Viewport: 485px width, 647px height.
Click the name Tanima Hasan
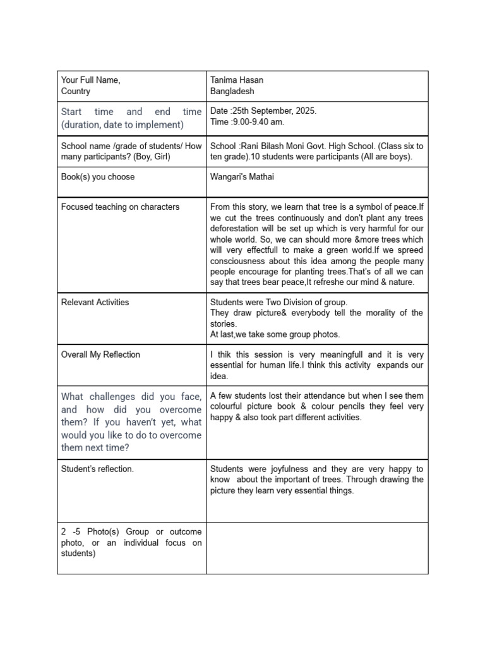(x=237, y=80)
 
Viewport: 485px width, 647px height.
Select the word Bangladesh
(x=232, y=92)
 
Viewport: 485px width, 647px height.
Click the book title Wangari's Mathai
(x=242, y=177)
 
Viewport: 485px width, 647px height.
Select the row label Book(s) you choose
(x=98, y=177)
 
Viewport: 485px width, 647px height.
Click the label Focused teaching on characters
(x=120, y=207)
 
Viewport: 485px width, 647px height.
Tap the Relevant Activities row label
(x=95, y=302)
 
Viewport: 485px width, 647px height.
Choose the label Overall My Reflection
(x=100, y=354)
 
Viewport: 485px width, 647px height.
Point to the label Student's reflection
(x=97, y=469)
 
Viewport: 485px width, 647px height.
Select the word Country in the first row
(x=76, y=92)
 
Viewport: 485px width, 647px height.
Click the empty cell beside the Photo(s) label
(x=317, y=548)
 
